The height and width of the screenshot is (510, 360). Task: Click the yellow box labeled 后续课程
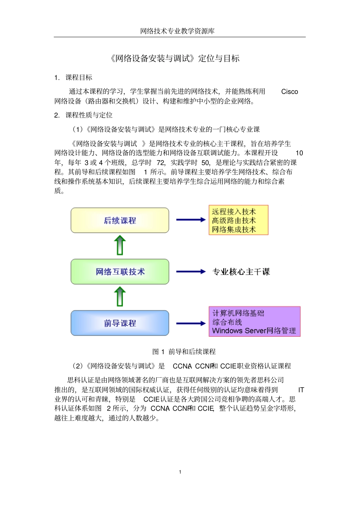click(120, 220)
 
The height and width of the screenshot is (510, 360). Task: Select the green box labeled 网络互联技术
click(120, 271)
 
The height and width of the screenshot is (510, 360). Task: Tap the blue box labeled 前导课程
click(120, 323)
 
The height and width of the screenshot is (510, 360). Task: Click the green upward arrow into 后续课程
click(120, 245)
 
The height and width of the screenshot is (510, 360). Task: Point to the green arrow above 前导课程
click(120, 297)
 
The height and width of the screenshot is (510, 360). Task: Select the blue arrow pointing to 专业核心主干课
click(191, 271)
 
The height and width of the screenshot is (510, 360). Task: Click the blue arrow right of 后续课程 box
click(191, 220)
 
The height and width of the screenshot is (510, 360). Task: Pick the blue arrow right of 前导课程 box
click(191, 323)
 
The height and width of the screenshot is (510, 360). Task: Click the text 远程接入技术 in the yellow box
click(234, 212)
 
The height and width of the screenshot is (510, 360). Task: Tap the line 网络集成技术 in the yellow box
click(234, 229)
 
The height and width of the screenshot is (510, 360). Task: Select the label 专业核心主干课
click(241, 272)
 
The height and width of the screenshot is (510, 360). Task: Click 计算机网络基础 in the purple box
click(238, 313)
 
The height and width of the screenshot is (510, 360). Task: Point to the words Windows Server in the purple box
click(239, 331)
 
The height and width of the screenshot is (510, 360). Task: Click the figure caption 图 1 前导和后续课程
click(184, 352)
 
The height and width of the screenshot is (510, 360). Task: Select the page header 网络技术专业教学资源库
click(177, 31)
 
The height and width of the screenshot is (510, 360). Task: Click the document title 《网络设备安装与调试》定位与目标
click(175, 58)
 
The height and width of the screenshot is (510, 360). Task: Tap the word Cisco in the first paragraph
click(290, 92)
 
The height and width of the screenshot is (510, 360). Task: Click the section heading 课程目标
click(79, 78)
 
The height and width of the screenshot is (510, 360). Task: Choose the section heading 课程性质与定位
click(89, 115)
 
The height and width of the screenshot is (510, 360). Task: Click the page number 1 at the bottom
click(180, 472)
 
